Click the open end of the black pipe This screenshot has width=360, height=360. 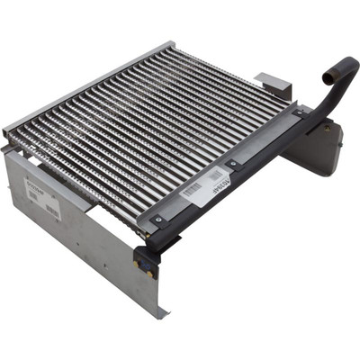[345, 65]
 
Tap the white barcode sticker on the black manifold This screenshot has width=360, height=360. [203, 188]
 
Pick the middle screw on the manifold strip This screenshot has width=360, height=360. [231, 164]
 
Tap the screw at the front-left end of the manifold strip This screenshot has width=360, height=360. [158, 219]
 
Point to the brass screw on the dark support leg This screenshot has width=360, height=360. [320, 127]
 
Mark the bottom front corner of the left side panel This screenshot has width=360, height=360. [163, 315]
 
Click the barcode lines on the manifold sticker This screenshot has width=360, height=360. [193, 191]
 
